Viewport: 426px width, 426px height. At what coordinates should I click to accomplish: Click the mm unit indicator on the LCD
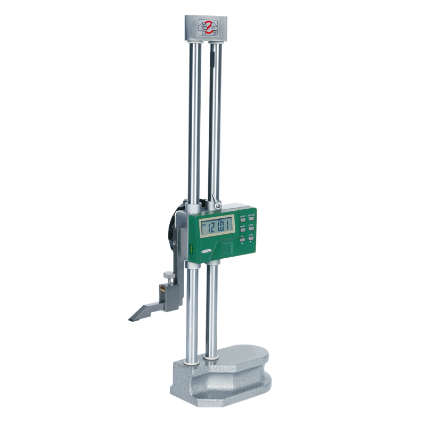(x=203, y=225)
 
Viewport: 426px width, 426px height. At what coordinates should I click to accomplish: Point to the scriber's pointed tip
(x=130, y=319)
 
